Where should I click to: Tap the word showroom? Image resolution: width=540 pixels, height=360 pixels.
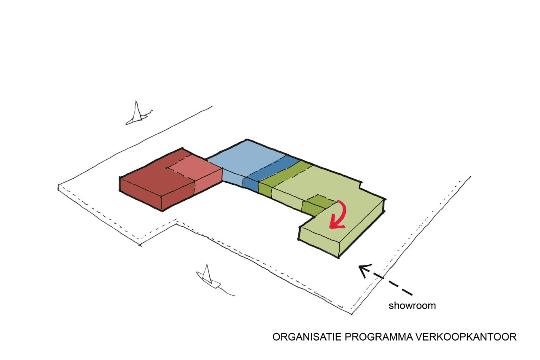pyautogui.click(x=412, y=306)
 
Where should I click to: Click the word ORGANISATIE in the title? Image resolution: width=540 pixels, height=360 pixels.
pyautogui.click(x=307, y=337)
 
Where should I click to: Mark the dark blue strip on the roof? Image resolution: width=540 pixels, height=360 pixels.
pyautogui.click(x=271, y=169)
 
